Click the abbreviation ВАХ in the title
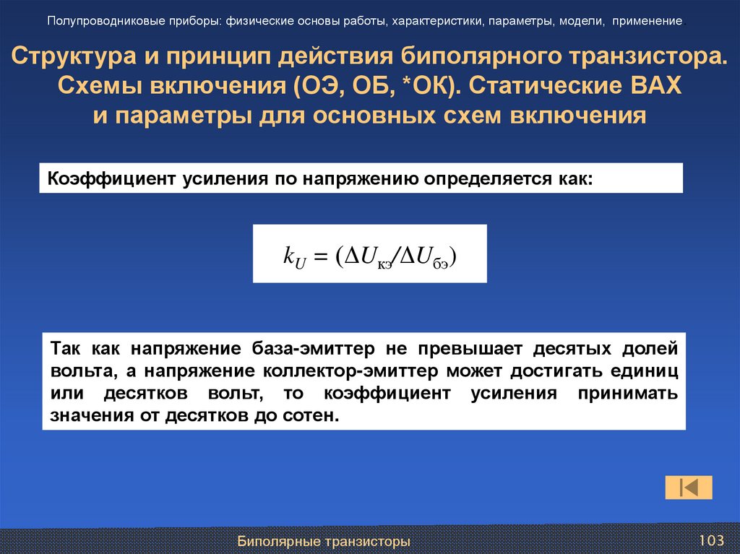coord(655,86)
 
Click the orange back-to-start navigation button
coord(688,488)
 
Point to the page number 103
coord(711,540)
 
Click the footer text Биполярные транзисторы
coord(324,541)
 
